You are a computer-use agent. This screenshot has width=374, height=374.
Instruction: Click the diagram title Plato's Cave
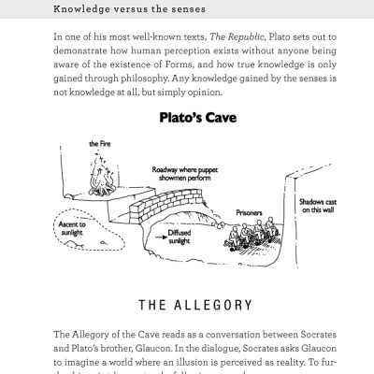click(x=186, y=119)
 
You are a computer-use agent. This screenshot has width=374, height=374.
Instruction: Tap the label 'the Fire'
click(x=100, y=143)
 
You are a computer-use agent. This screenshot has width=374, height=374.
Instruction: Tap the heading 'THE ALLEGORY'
click(x=186, y=304)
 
